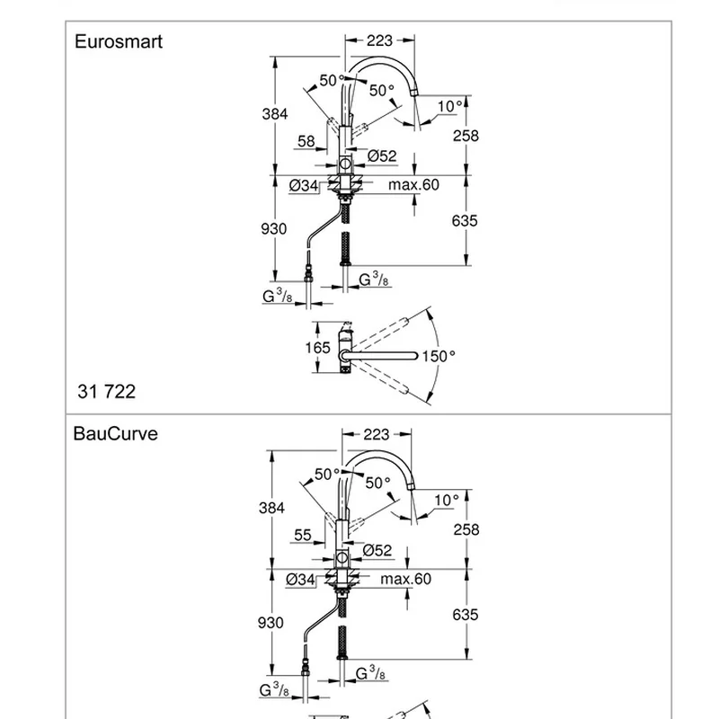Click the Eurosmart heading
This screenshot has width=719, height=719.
click(x=118, y=41)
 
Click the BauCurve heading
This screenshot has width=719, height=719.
click(x=115, y=433)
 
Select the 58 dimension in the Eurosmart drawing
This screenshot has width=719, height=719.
click(x=306, y=141)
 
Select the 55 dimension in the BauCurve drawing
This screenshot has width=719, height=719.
click(x=303, y=535)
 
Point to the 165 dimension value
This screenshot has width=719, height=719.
click(x=317, y=347)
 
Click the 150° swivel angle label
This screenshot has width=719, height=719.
click(x=439, y=357)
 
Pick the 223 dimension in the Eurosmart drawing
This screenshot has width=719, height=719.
click(x=380, y=40)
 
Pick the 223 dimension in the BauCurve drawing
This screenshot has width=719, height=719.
click(x=377, y=434)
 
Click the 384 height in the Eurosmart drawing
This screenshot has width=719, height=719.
click(x=274, y=114)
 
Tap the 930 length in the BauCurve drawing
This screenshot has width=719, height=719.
click(x=271, y=623)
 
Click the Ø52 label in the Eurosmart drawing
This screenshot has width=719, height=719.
click(x=382, y=156)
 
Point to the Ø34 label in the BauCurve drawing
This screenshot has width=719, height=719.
click(x=300, y=580)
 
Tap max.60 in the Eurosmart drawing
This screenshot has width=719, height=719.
click(x=413, y=185)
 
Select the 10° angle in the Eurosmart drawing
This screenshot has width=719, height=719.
click(x=449, y=107)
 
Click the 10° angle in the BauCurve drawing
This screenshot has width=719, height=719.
click(x=446, y=500)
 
